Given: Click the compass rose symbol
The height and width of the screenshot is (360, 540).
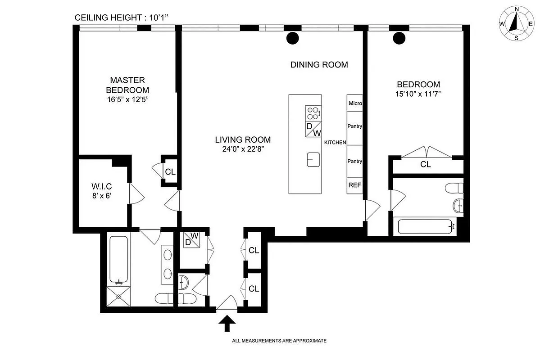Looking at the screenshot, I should coord(516,23).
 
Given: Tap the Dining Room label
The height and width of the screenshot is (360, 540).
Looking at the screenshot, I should coord(319,65).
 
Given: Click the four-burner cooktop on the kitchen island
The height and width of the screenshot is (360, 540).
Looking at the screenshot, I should coord(313,111).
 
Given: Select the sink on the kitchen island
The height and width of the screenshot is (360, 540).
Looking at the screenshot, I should coord(313,159).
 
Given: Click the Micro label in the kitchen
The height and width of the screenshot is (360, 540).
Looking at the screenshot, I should coord(355,103).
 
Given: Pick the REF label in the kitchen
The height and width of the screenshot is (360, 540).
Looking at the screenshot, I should coord(354,185).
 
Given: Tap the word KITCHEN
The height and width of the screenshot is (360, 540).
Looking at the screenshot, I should coord(335,143).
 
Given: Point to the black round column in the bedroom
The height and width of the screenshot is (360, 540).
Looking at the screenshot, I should coord(399,38).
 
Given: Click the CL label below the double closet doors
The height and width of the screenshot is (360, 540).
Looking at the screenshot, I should coord(425,165).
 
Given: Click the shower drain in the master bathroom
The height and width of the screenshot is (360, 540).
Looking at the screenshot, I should coord(119,296).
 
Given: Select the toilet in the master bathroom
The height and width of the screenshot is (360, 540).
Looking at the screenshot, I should coord(163,298).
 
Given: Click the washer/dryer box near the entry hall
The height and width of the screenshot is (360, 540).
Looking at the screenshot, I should coord(192,239).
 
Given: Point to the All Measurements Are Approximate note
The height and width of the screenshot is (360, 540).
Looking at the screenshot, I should coord(279,341).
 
